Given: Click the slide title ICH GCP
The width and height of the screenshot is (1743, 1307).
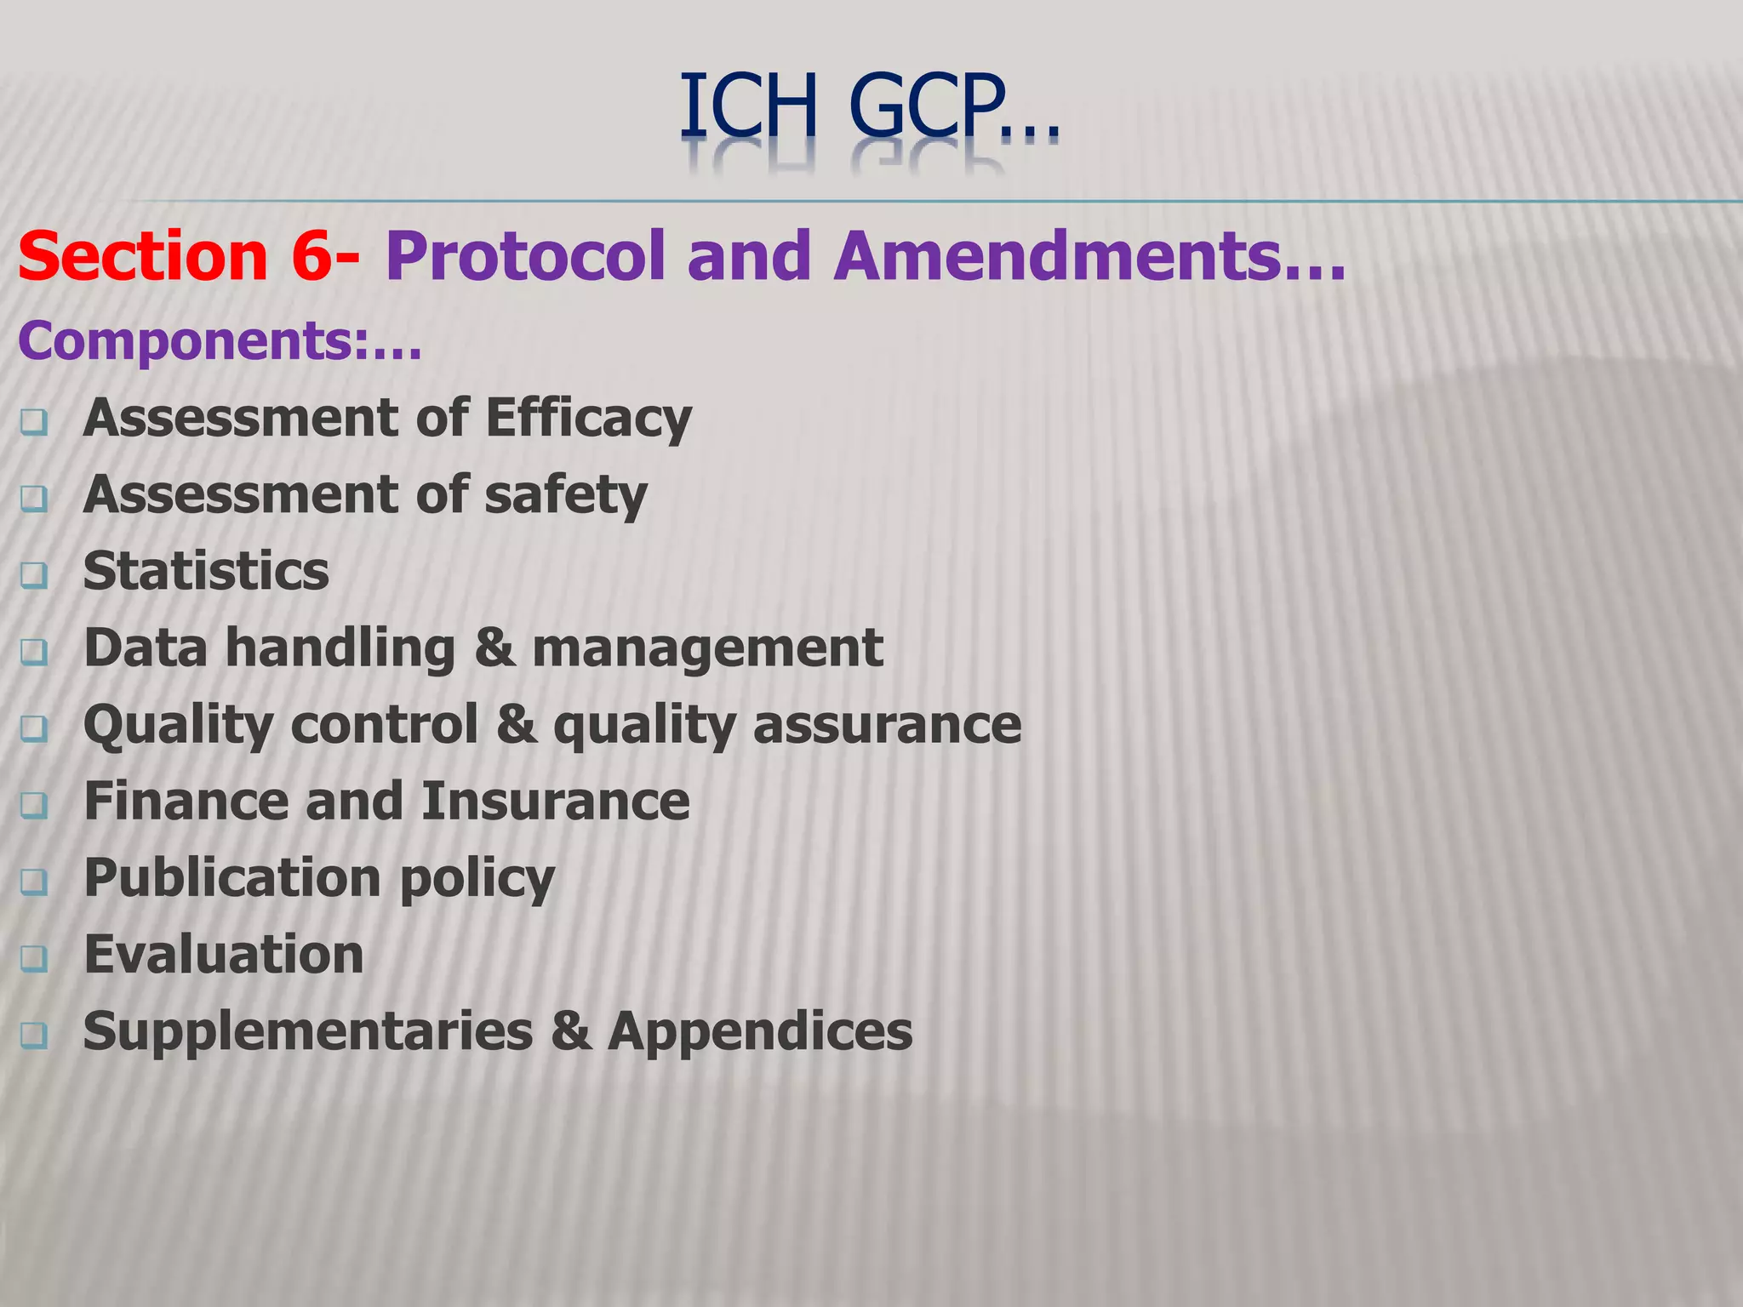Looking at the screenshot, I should pos(868,106).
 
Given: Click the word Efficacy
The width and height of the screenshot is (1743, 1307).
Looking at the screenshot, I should pos(588,419).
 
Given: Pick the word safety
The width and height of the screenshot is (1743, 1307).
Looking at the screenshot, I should pos(566,495).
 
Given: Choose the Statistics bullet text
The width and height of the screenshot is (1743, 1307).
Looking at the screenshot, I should pos(206,571).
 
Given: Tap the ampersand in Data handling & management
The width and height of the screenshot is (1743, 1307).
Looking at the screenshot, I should pos(494,648).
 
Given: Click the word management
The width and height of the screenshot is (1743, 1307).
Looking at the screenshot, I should pos(707,648).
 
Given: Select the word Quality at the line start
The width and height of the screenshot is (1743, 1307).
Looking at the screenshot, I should pos(178,726).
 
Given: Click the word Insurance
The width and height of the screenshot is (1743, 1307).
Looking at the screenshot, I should pos(555,802).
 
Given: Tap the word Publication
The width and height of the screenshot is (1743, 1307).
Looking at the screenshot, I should pos(232,878).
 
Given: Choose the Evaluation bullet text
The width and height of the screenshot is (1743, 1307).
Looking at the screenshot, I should pos(224,955).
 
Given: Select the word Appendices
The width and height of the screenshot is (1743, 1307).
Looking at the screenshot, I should pos(760,1031).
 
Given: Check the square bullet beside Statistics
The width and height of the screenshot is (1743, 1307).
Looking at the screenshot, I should pos(34,576).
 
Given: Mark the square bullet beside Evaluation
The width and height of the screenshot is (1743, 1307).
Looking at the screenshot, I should pos(34,959).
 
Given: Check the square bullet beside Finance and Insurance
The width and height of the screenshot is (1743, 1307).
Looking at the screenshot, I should pos(34,806).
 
